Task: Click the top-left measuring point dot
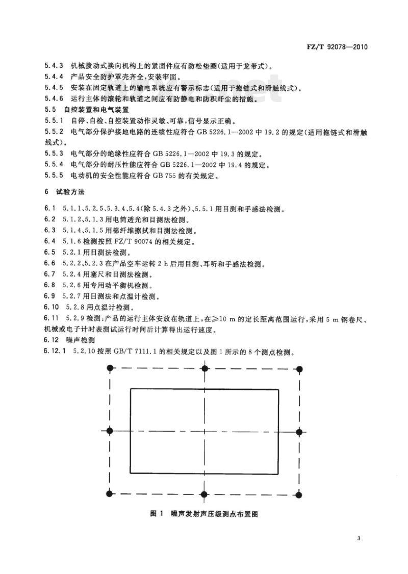coord(110,368)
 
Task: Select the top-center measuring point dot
coord(205,368)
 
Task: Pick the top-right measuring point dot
coord(299,368)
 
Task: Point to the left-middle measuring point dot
coord(110,432)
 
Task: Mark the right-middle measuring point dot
coord(299,432)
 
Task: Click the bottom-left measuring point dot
coord(110,494)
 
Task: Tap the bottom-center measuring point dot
coord(205,494)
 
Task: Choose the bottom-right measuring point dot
coord(299,494)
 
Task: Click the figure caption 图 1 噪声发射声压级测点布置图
coord(204,514)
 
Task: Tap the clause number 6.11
coord(51,319)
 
